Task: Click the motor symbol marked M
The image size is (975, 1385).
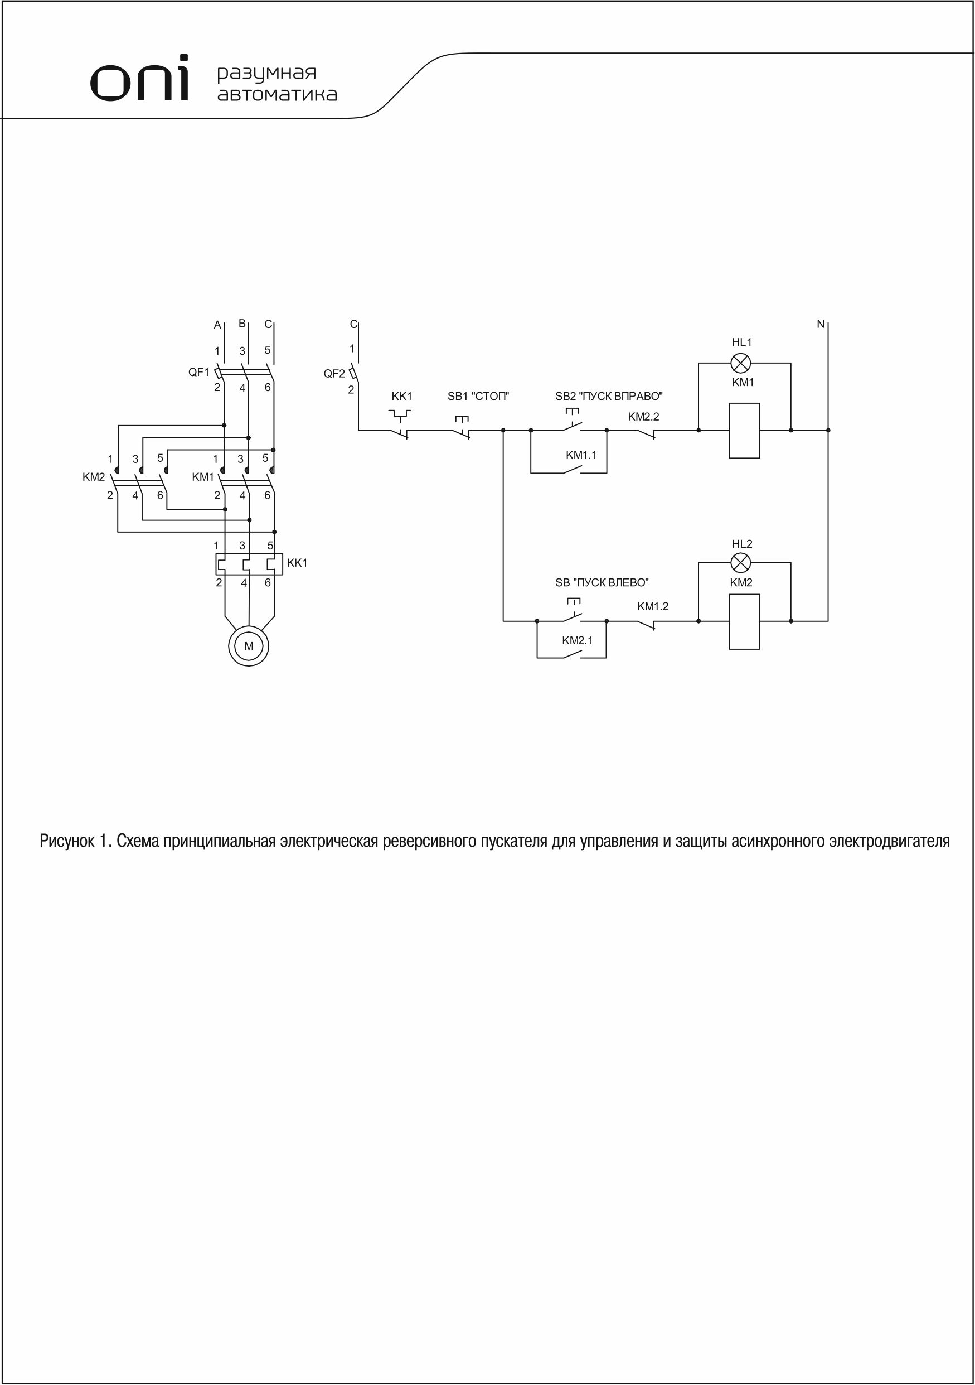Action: [x=249, y=646]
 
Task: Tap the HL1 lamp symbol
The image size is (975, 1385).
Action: [x=740, y=363]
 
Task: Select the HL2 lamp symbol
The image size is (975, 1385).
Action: [x=740, y=563]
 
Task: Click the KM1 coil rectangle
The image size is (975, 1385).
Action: [x=744, y=431]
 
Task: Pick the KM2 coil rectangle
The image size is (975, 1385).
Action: [x=744, y=621]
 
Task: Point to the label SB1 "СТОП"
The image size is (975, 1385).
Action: [x=478, y=397]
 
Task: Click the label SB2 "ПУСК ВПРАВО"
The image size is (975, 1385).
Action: [x=608, y=397]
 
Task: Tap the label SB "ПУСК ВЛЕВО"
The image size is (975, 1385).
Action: [x=602, y=583]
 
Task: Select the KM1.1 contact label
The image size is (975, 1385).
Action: [x=581, y=455]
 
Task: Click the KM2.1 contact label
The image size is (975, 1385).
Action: [x=577, y=640]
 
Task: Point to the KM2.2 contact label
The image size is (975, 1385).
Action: [x=643, y=417]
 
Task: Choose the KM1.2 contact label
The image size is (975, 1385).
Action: [x=652, y=607]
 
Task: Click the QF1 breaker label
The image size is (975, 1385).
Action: [x=198, y=372]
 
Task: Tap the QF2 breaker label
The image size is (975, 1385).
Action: [x=334, y=373]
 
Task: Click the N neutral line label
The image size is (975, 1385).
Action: [x=820, y=325]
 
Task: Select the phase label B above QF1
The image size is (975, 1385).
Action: [x=242, y=324]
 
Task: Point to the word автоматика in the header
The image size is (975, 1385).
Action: [x=277, y=95]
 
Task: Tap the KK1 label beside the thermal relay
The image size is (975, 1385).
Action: [x=297, y=563]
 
